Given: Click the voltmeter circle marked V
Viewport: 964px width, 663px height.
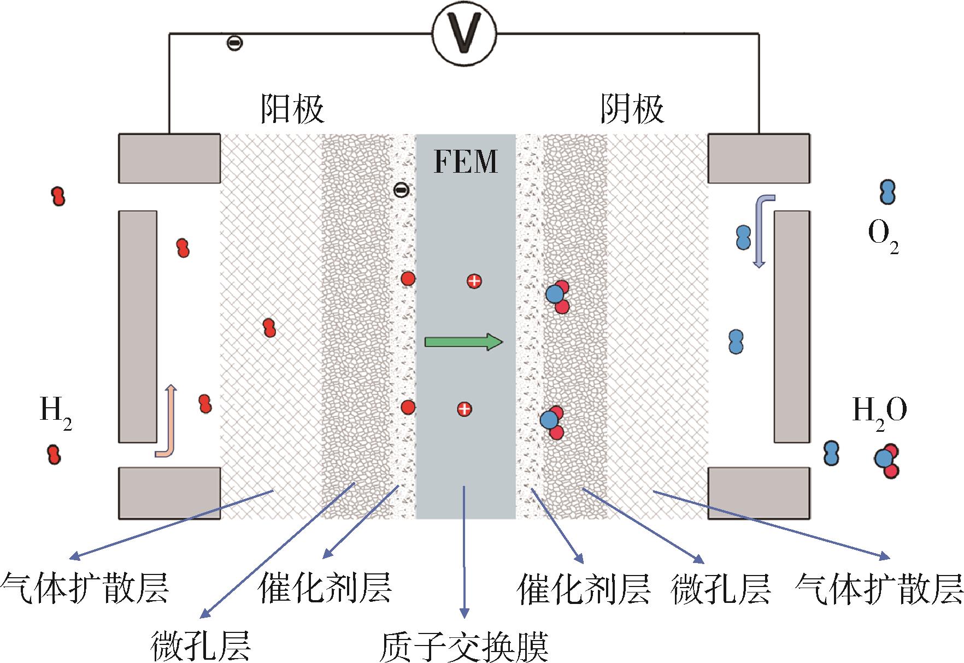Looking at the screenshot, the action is pyautogui.click(x=464, y=33).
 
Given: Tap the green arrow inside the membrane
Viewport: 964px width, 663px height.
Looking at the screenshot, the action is pyautogui.click(x=463, y=342).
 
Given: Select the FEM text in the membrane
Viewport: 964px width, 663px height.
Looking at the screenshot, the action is pyautogui.click(x=466, y=161).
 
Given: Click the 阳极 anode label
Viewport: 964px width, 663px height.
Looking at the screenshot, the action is pyautogui.click(x=292, y=109).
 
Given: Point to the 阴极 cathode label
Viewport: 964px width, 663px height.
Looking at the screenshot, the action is pyautogui.click(x=632, y=109).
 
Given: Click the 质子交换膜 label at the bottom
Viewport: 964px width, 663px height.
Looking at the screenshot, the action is pyautogui.click(x=463, y=647).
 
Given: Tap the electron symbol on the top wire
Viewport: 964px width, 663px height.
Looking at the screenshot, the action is pyautogui.click(x=235, y=43).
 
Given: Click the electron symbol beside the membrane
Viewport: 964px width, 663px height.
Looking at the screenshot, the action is pyautogui.click(x=401, y=190).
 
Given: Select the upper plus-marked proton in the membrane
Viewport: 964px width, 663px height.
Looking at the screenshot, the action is pyautogui.click(x=474, y=281).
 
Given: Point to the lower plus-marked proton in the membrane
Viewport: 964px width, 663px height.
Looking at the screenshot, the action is pyautogui.click(x=464, y=409).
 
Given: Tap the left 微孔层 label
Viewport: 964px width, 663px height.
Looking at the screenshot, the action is pyautogui.click(x=201, y=646).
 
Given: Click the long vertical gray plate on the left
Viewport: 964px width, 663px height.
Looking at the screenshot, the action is pyautogui.click(x=138, y=326).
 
